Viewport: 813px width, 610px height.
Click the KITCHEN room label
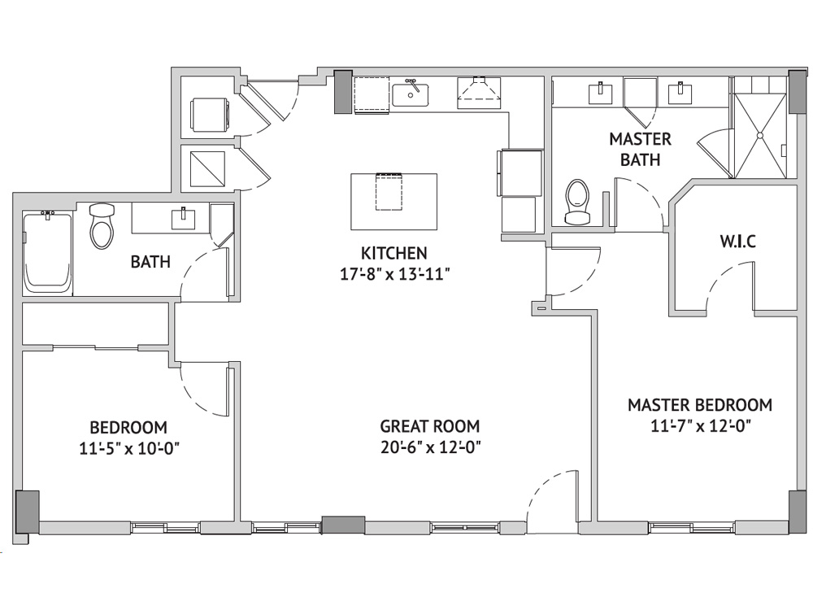point(394,253)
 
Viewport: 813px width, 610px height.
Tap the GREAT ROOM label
point(430,426)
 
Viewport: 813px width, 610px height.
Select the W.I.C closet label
point(738,242)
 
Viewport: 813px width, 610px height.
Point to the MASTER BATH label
point(641,150)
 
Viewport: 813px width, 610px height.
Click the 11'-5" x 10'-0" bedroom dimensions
point(129,448)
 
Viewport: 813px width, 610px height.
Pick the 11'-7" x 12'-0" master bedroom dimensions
point(701,426)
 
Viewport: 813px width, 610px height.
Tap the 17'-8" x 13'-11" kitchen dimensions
point(394,274)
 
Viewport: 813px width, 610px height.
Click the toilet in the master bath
point(577,202)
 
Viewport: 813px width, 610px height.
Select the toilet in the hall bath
point(102,226)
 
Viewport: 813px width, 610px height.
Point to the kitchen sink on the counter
point(410,94)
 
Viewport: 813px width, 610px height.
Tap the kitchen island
point(394,201)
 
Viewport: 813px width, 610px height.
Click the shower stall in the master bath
point(760,135)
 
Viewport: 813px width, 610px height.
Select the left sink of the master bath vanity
point(601,94)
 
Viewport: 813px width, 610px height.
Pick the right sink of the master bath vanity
point(680,94)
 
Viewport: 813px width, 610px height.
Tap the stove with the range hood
point(479,93)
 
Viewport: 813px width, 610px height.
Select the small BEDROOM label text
point(128,428)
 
